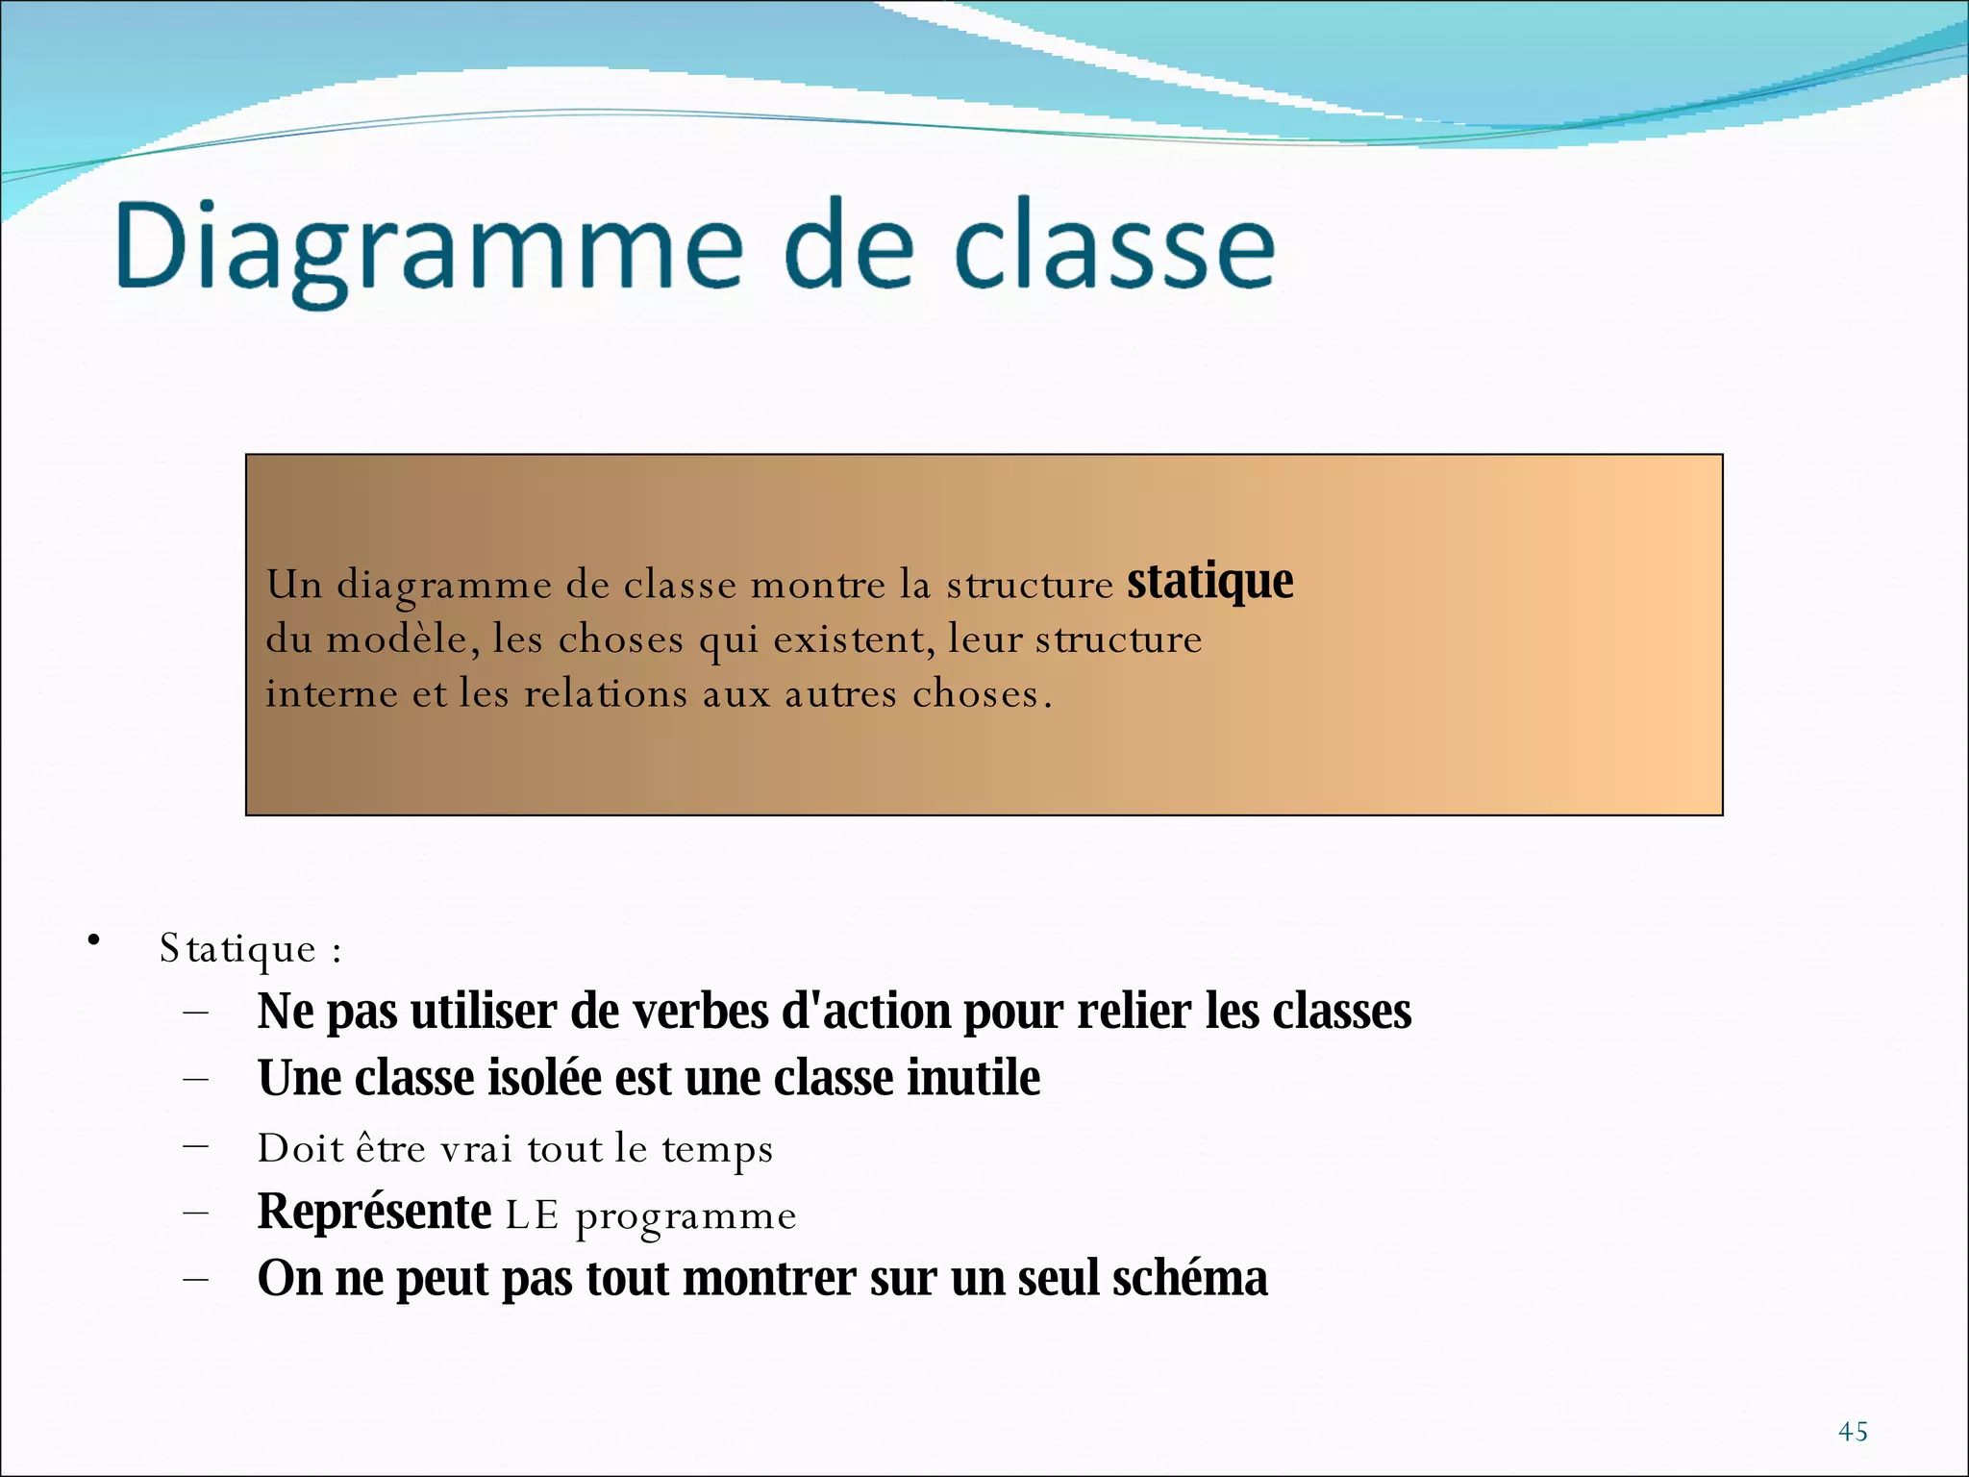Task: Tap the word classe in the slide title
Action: click(x=1114, y=248)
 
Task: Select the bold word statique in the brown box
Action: click(x=1209, y=582)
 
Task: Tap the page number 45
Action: click(x=1853, y=1432)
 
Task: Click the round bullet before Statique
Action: click(x=93, y=940)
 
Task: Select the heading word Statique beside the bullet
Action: click(x=237, y=949)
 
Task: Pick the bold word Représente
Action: click(x=374, y=1212)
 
